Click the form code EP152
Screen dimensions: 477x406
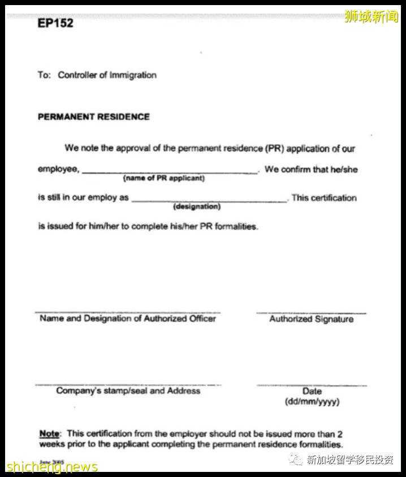tap(55, 24)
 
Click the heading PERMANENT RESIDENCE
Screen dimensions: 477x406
tap(94, 117)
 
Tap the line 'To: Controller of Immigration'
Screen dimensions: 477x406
tap(97, 75)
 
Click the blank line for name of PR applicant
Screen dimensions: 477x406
tap(170, 172)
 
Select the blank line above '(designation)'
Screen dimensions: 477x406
tap(209, 201)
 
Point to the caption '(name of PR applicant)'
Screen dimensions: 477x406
tap(164, 179)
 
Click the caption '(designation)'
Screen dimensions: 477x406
tap(197, 207)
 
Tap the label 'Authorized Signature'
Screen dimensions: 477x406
tap(311, 319)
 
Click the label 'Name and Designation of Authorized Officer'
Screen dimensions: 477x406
tap(128, 319)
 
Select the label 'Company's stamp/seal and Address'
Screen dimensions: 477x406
tap(128, 391)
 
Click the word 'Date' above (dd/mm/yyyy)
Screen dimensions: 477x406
tap(312, 391)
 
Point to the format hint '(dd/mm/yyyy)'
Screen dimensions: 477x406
tap(312, 402)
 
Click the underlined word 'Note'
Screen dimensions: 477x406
tap(49, 434)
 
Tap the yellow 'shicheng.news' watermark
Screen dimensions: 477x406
tap(52, 467)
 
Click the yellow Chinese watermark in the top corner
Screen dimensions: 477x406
tap(372, 17)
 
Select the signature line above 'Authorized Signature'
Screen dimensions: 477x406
tap(311, 312)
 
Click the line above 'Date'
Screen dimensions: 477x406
tap(312, 384)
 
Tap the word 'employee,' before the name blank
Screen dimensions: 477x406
tap(59, 169)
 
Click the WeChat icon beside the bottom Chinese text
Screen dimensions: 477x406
tap(296, 460)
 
